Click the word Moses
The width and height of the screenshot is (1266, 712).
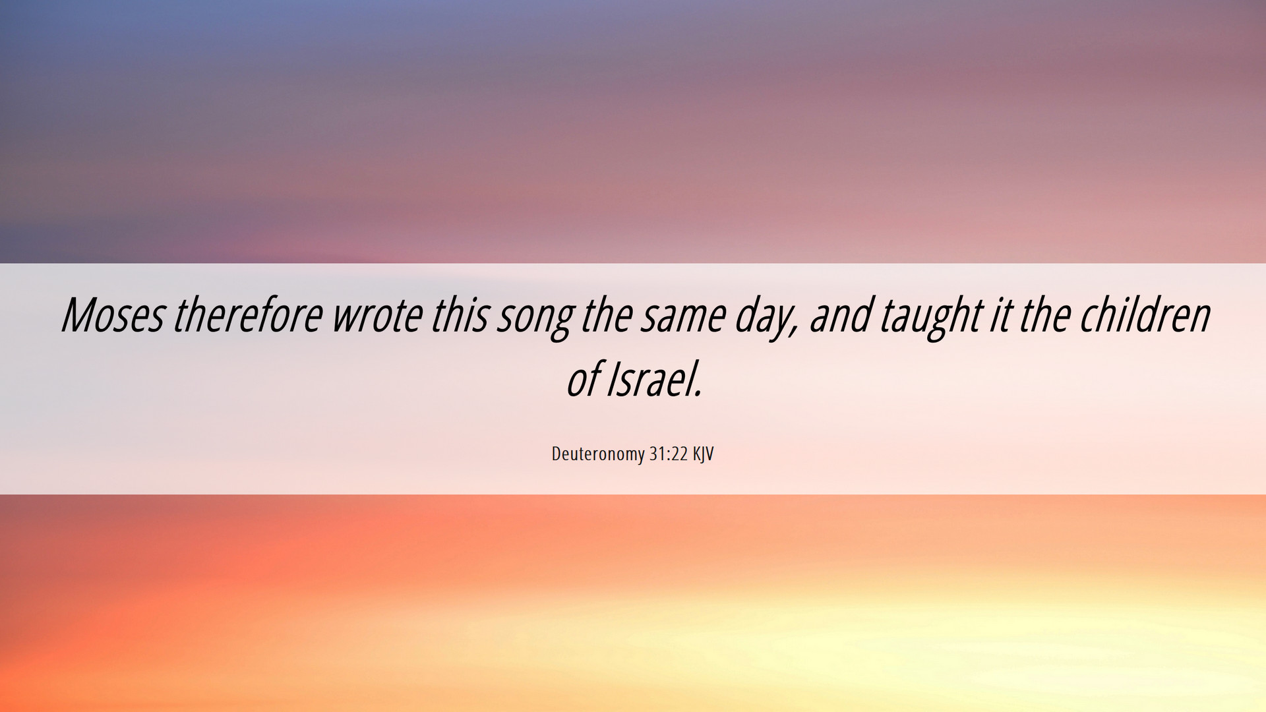tap(113, 314)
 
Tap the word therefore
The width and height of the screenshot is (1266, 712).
tap(248, 314)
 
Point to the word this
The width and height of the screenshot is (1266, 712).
tap(459, 314)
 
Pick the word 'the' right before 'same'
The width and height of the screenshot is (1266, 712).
tap(606, 314)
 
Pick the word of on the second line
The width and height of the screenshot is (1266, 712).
tap(583, 380)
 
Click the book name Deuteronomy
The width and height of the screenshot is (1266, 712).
tap(598, 454)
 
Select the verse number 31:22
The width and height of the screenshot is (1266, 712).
tap(669, 454)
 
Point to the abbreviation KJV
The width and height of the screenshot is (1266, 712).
tap(703, 454)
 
